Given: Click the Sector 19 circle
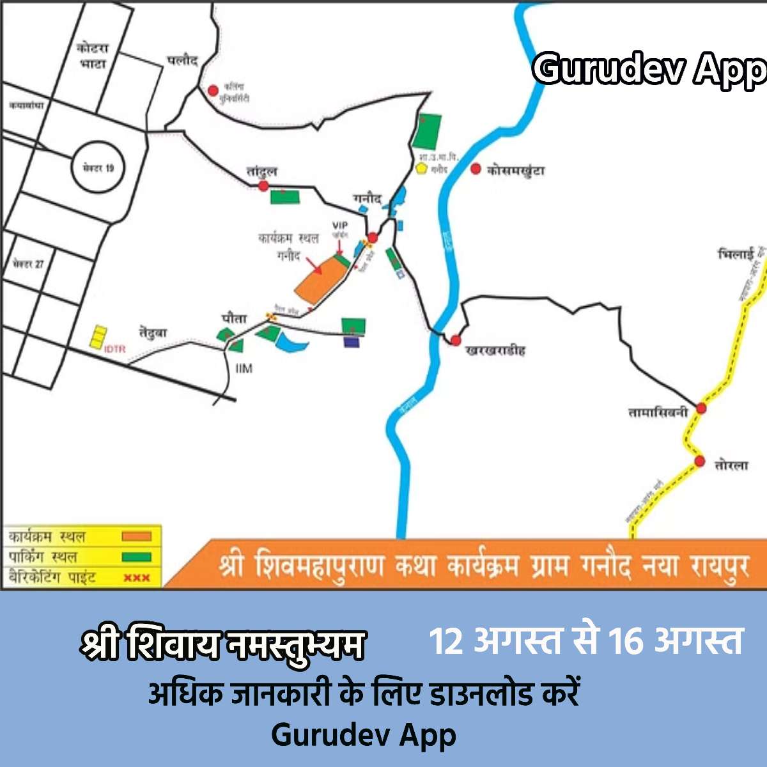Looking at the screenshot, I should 97,167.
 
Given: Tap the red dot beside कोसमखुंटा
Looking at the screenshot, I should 476,169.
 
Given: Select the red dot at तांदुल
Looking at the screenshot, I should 263,186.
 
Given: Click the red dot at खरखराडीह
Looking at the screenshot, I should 456,341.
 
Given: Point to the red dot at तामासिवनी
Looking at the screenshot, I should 701,408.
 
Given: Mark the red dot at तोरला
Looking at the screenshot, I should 700,461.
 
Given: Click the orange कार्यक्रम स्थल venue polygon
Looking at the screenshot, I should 321,279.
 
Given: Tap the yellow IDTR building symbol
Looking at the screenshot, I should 98,337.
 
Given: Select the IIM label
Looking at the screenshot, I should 244,369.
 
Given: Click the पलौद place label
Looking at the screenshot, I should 183,61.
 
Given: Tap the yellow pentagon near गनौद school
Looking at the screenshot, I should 421,168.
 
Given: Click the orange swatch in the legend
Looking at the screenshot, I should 137,537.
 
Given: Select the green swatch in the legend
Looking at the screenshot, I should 137,557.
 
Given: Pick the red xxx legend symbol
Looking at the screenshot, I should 136,578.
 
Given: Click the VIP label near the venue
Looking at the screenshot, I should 340,226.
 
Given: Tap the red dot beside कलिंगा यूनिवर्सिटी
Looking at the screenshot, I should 213,91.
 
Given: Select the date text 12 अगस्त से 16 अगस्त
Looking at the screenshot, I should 586,642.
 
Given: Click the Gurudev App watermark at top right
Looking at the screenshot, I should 649,69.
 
